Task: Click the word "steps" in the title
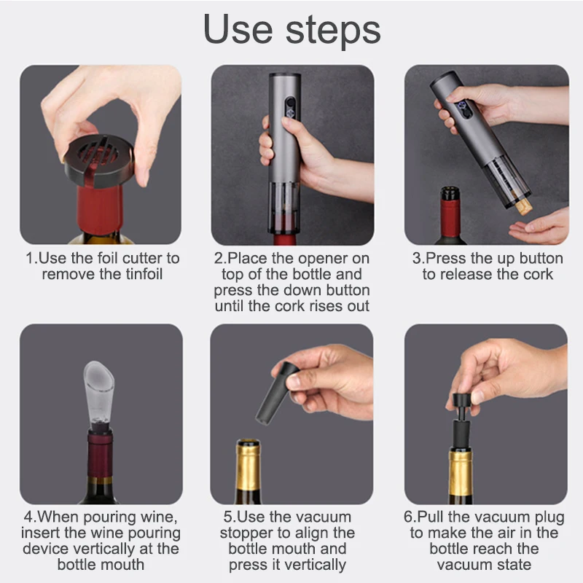pyautogui.click(x=333, y=31)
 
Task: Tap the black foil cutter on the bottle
pyautogui.click(x=99, y=160)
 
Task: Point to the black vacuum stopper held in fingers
pyautogui.click(x=277, y=393)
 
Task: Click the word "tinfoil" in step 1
pyautogui.click(x=144, y=275)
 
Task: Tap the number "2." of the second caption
pyautogui.click(x=220, y=259)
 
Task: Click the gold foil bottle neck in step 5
pyautogui.click(x=248, y=465)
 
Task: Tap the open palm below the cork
pyautogui.click(x=539, y=227)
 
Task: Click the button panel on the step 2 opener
pyautogui.click(x=290, y=108)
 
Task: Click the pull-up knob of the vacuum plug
pyautogui.click(x=463, y=399)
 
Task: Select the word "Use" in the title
pyautogui.click(x=238, y=30)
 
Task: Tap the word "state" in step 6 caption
pyautogui.click(x=514, y=565)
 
